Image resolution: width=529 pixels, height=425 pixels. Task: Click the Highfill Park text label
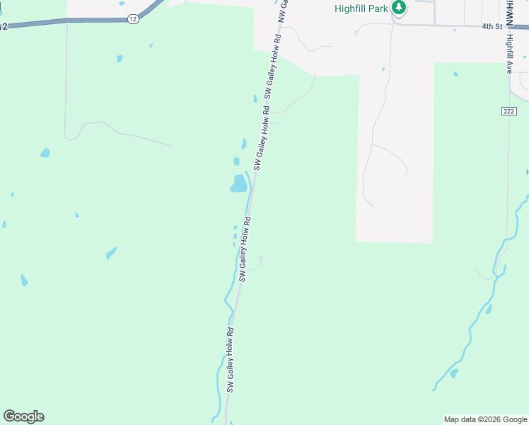tap(361, 8)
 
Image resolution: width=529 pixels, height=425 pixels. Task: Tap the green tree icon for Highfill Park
tap(399, 8)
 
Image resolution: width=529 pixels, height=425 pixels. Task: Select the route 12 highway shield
tap(134, 19)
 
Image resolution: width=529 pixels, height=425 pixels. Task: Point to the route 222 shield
tap(509, 111)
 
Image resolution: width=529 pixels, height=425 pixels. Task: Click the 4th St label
tap(492, 26)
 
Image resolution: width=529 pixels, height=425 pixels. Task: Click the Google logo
tap(23, 416)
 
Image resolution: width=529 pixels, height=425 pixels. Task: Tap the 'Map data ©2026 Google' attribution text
tap(484, 419)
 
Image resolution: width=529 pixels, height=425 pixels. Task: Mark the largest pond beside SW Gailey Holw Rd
tap(238, 184)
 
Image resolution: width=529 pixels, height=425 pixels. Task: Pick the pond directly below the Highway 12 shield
tap(120, 58)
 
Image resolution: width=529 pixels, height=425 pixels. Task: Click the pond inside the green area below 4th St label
tap(455, 74)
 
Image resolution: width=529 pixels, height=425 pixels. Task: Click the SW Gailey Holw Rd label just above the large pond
tap(262, 138)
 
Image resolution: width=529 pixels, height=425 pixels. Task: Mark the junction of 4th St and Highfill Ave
tap(508, 27)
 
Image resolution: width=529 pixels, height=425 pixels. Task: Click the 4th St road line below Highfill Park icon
tap(424, 25)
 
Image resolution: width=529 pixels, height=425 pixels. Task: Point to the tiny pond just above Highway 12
tap(122, 4)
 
